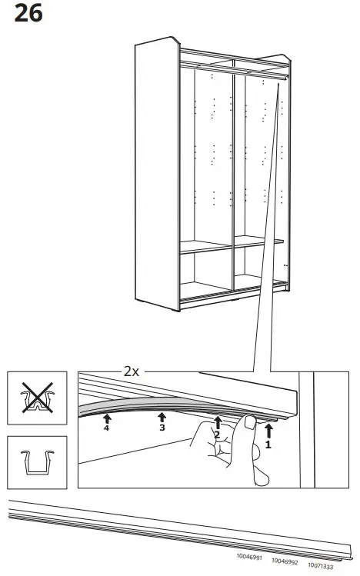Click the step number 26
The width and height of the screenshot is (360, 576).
pyautogui.click(x=28, y=15)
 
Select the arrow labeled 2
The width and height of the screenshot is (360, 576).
pyautogui.click(x=218, y=421)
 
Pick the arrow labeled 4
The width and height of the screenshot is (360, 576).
pyautogui.click(x=106, y=418)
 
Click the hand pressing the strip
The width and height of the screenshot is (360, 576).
pyautogui.click(x=223, y=450)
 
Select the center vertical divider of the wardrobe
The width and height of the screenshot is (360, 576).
pyautogui.click(x=232, y=177)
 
